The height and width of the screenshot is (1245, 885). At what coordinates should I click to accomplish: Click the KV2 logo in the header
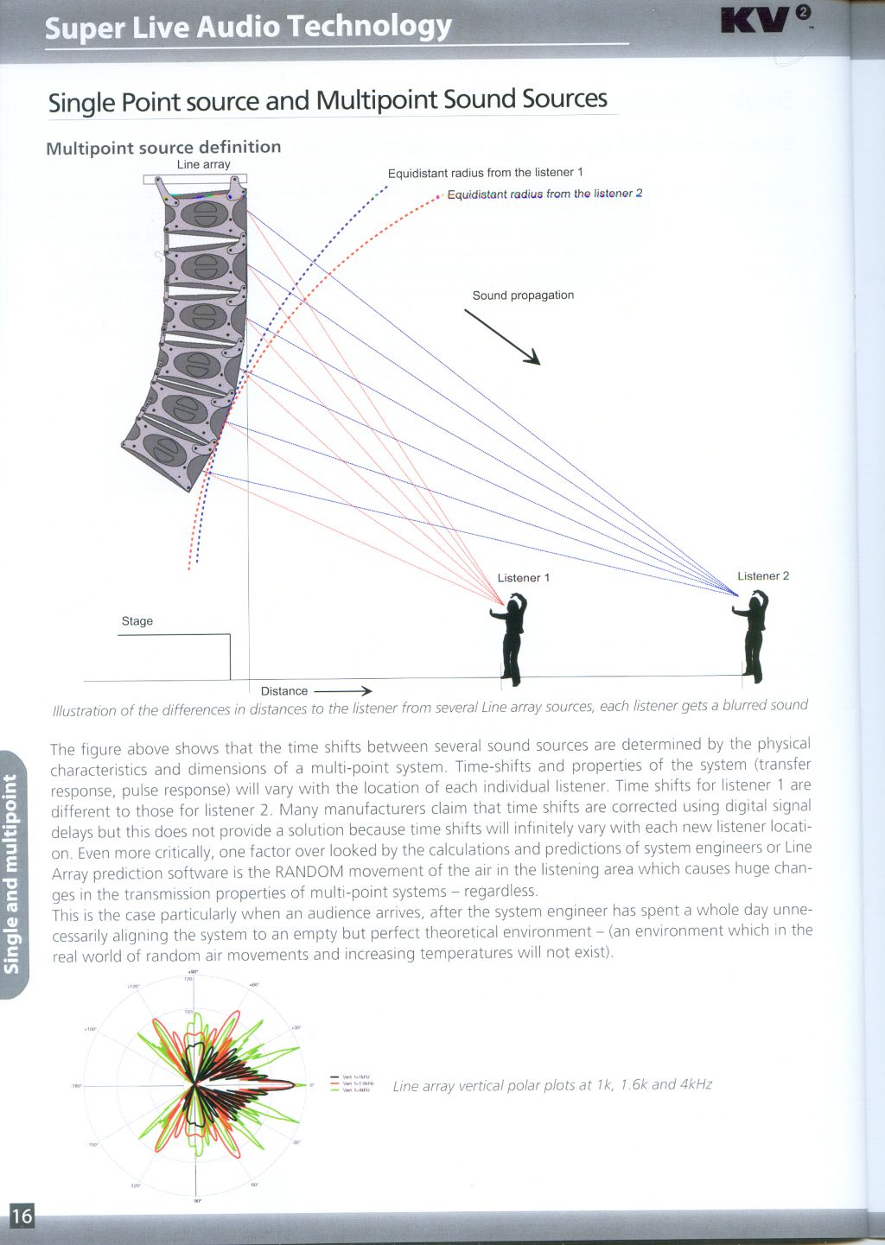pos(766,19)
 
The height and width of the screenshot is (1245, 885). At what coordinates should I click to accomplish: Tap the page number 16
pos(22,1216)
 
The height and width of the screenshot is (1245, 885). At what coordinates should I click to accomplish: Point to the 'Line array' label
pos(204,164)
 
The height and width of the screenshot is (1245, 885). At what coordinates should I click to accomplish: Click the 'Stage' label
pos(137,621)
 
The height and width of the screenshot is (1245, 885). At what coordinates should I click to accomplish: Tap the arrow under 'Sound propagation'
pos(502,337)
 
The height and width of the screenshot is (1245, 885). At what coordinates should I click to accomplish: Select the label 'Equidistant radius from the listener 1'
pos(485,173)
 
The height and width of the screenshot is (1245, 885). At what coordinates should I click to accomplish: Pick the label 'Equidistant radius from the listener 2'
pos(544,194)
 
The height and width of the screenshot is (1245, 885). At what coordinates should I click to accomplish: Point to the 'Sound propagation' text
pos(523,295)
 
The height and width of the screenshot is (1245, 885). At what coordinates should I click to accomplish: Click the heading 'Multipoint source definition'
pos(163,148)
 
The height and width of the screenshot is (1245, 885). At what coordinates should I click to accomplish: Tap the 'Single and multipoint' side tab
pos(12,873)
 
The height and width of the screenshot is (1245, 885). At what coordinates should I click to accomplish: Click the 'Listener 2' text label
pos(763,576)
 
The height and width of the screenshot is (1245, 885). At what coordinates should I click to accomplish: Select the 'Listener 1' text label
pos(523,578)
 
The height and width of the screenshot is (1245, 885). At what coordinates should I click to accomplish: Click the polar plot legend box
pos(352,1083)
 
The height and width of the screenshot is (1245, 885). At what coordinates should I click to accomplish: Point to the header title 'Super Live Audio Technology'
pos(248,27)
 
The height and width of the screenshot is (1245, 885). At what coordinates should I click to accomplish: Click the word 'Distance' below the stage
pos(284,691)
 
